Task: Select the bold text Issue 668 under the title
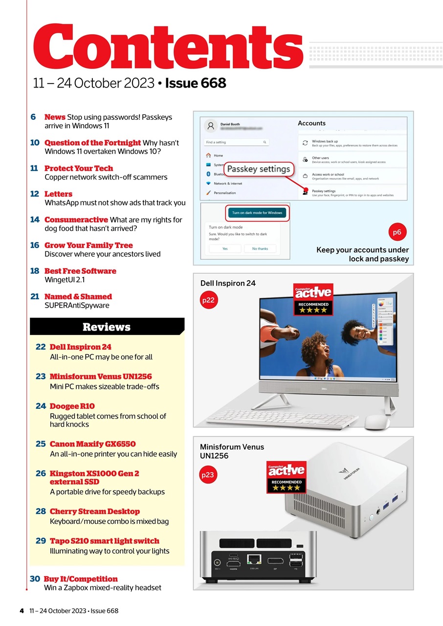(196, 83)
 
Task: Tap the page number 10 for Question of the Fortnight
(35, 143)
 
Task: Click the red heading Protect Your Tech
(79, 168)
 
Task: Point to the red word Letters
(58, 194)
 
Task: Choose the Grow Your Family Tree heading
(89, 246)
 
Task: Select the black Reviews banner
(107, 327)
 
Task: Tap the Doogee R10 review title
(72, 406)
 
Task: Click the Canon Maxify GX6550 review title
(92, 444)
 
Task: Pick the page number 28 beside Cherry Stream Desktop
(41, 512)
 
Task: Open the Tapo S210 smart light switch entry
(104, 541)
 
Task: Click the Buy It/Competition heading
(81, 579)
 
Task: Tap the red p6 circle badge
(397, 232)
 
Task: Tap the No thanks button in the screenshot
(260, 248)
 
